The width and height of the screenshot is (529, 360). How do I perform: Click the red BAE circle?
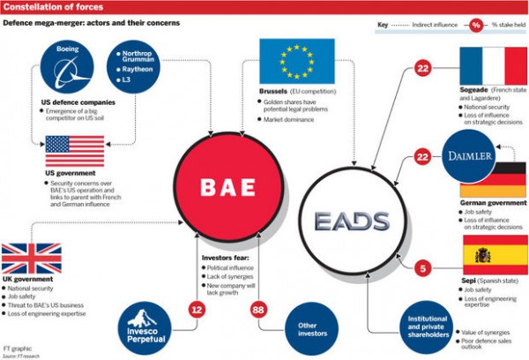[x=227, y=187]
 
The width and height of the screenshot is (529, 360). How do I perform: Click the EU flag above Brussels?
[x=295, y=61]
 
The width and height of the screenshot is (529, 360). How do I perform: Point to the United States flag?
[x=75, y=151]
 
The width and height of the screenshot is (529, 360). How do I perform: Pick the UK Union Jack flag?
[x=31, y=259]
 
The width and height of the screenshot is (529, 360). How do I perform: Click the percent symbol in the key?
[x=477, y=25]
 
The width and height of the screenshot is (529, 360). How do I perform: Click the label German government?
[x=495, y=201]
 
